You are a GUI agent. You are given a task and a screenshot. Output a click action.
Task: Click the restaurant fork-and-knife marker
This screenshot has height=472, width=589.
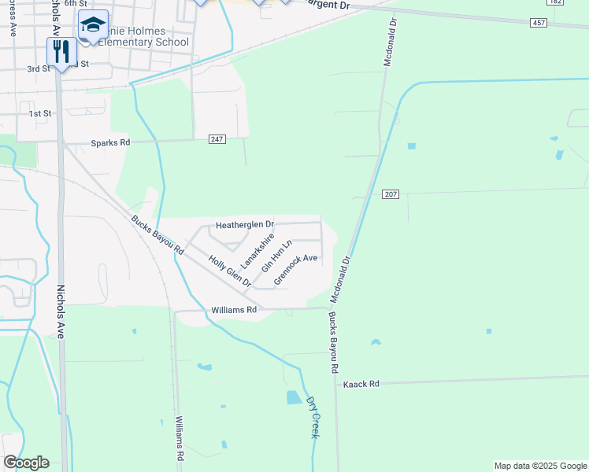pyautogui.click(x=61, y=52)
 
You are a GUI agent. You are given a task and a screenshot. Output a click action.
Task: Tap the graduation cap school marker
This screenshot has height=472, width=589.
pyautogui.click(x=93, y=26)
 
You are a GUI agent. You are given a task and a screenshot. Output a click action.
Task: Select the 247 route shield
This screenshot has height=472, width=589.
pyautogui.click(x=218, y=139)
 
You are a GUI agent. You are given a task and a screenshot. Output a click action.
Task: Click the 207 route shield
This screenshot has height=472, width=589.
pyautogui.click(x=391, y=194)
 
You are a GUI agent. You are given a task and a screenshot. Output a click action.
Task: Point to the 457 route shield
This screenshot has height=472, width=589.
pyautogui.click(x=539, y=24)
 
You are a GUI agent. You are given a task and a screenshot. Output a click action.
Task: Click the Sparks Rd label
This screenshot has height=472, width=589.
pyautogui.click(x=110, y=144)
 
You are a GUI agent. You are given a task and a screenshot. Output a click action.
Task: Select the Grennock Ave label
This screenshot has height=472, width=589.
pyautogui.click(x=295, y=269)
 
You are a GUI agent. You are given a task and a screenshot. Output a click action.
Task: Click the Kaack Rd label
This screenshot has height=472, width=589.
pyautogui.click(x=361, y=384)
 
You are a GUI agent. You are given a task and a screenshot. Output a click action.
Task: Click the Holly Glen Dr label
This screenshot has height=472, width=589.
pyautogui.click(x=229, y=271)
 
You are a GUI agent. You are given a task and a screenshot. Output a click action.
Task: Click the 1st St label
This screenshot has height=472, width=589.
pyautogui.click(x=40, y=114)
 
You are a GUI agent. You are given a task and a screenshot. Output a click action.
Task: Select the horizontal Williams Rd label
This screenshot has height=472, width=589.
pyautogui.click(x=235, y=311)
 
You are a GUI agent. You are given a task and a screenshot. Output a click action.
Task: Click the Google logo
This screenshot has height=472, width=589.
pyautogui.click(x=26, y=463)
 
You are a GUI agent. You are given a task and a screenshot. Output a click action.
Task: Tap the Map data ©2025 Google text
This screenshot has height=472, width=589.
pyautogui.click(x=540, y=466)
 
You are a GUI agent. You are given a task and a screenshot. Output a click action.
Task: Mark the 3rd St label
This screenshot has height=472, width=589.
pyautogui.click(x=39, y=69)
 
